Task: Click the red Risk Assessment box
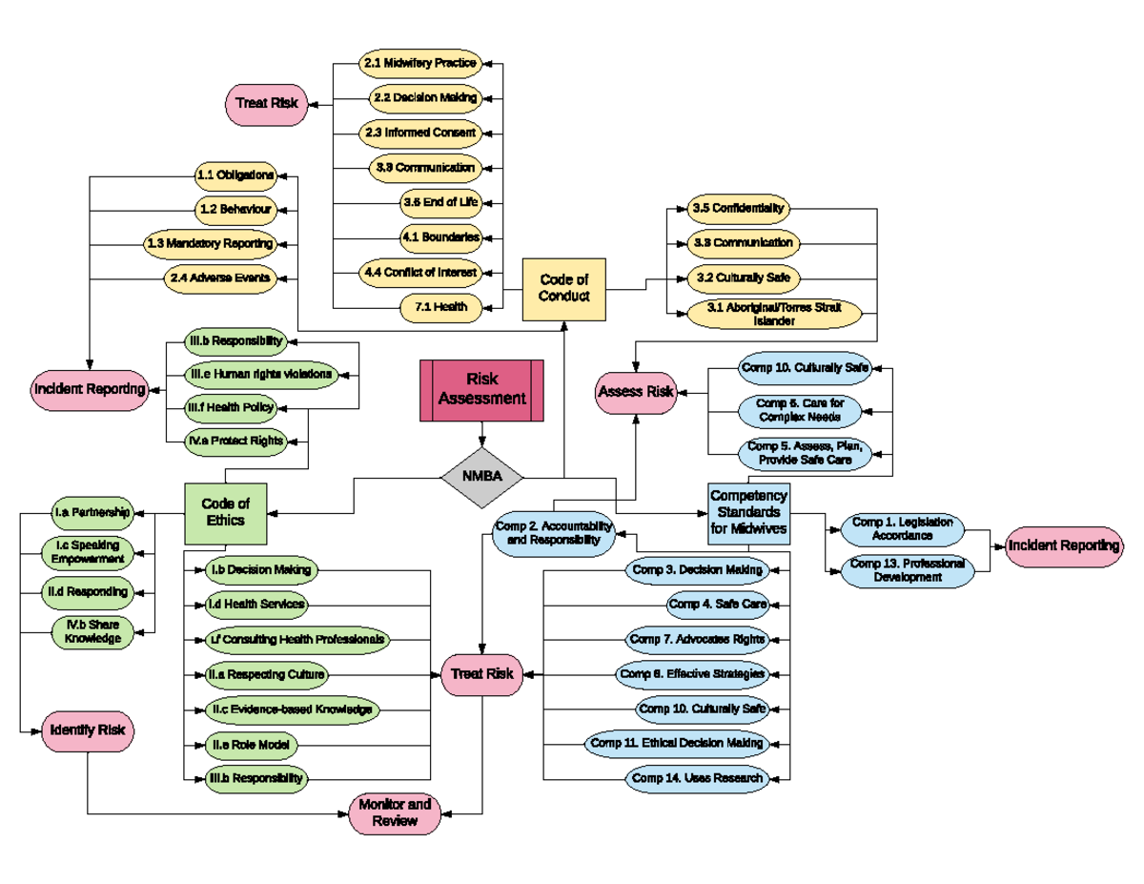(x=481, y=389)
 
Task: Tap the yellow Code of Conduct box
(x=563, y=288)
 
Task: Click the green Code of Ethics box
(x=225, y=512)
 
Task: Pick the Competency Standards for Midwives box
(x=748, y=512)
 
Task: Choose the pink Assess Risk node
(x=636, y=391)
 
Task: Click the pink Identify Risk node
(x=88, y=731)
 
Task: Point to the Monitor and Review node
(x=395, y=812)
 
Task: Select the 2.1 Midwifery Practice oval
(x=419, y=63)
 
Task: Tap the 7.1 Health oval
(x=439, y=307)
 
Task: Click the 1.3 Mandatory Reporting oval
(x=211, y=243)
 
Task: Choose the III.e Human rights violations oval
(x=260, y=374)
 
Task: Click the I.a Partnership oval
(x=92, y=512)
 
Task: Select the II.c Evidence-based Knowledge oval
(x=292, y=709)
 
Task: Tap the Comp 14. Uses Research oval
(x=698, y=778)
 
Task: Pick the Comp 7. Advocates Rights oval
(x=697, y=638)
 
